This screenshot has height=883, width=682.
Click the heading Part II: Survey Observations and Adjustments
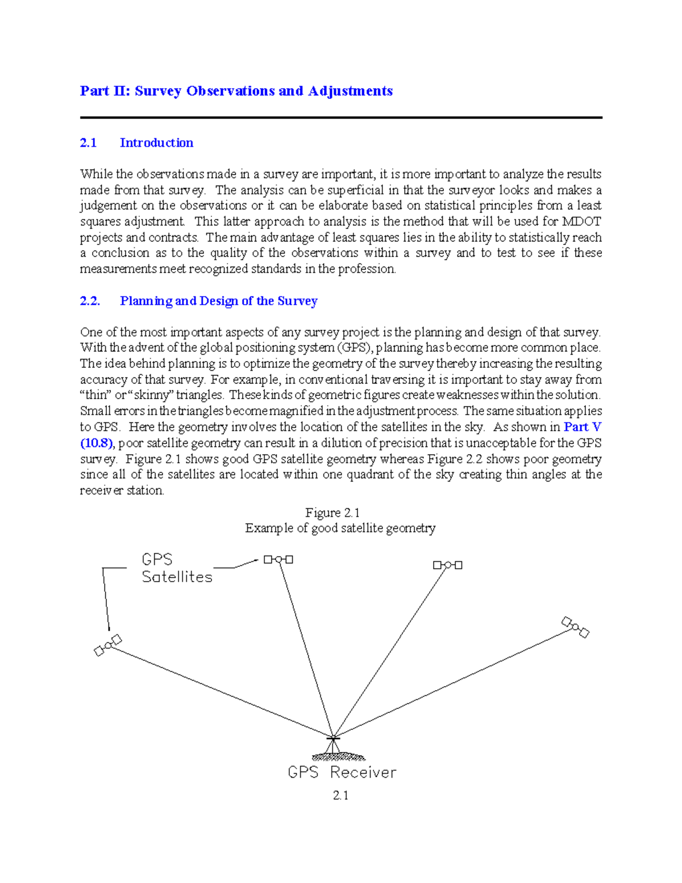click(x=236, y=91)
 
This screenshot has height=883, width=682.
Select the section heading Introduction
click(x=156, y=143)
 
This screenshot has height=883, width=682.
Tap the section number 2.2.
click(x=90, y=301)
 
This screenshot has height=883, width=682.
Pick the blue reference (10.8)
click(x=97, y=443)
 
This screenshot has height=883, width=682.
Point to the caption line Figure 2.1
click(x=332, y=512)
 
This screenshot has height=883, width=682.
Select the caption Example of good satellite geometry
click(x=340, y=528)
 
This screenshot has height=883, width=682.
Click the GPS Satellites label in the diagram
click(x=176, y=568)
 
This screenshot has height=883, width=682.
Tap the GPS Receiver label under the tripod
click(x=342, y=772)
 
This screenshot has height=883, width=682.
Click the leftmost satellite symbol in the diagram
click(x=107, y=645)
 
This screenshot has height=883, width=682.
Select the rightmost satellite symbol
click(x=575, y=627)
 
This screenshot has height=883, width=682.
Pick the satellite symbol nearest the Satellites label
click(x=278, y=559)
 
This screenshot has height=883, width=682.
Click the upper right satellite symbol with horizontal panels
click(x=447, y=565)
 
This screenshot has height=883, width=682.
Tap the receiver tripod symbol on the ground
click(x=333, y=743)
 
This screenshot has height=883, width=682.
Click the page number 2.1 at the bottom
click(x=340, y=795)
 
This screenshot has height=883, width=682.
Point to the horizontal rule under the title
click(x=341, y=118)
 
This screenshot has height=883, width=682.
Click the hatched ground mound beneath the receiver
click(x=339, y=757)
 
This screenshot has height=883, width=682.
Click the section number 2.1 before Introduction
click(x=88, y=143)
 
